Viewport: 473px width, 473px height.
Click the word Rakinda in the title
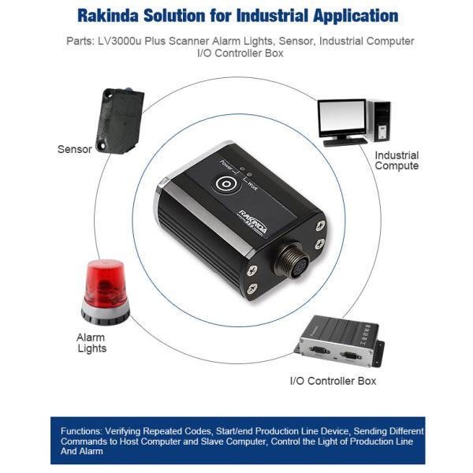107,16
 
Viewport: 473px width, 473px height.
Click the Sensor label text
75,149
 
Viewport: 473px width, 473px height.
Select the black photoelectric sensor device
120,121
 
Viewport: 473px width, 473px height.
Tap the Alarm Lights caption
91,343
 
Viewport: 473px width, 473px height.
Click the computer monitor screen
342,115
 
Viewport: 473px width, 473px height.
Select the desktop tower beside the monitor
379,121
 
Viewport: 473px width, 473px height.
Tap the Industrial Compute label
397,161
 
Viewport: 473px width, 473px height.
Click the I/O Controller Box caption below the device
333,381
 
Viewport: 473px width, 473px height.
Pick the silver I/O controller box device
339,341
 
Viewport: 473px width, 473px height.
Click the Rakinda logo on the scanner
253,222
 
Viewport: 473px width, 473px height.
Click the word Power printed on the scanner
226,166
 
